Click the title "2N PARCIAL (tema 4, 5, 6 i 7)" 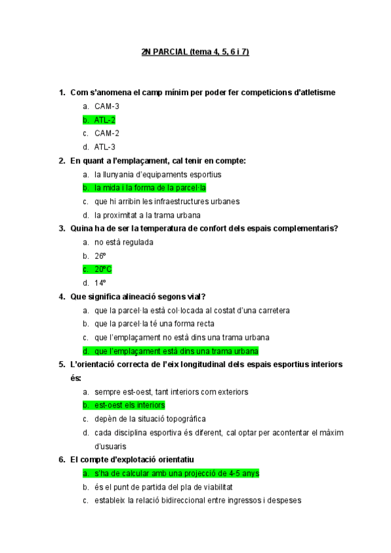tap(195, 52)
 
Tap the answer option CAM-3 tap(106, 106)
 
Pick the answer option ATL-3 tap(104, 147)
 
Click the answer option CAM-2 tap(106, 133)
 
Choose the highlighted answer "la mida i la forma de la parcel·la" tap(150, 188)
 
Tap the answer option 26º tap(100, 256)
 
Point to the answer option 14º tap(100, 283)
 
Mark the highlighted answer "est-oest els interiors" tap(129, 405)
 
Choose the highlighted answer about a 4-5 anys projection tap(177, 473)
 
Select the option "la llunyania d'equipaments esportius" tap(158, 174)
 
